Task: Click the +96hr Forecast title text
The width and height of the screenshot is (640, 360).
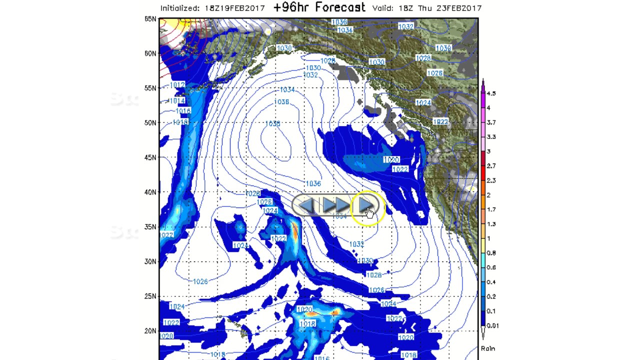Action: [x=319, y=7]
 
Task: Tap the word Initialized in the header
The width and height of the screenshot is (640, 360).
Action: [x=180, y=8]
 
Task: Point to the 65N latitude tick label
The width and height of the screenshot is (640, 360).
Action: [x=150, y=19]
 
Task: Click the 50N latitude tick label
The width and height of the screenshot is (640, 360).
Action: [x=150, y=122]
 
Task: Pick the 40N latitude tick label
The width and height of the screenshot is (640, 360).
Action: [x=150, y=192]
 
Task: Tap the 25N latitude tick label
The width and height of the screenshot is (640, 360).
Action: [x=150, y=296]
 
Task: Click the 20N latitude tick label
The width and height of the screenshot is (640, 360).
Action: [x=150, y=330]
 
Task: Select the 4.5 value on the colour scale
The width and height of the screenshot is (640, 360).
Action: [x=491, y=93]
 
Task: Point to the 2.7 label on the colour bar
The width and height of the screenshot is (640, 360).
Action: [x=491, y=166]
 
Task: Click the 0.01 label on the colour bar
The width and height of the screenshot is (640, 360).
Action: [x=493, y=325]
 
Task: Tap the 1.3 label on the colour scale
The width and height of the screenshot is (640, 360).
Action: [x=491, y=224]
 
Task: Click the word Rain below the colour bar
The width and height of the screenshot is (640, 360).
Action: [x=488, y=348]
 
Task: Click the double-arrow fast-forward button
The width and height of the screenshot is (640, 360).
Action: [x=335, y=205]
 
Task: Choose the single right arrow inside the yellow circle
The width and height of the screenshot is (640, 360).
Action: [x=365, y=204]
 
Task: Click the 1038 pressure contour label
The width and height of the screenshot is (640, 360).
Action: [x=272, y=123]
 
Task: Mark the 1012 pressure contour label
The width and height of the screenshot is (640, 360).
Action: [x=177, y=85]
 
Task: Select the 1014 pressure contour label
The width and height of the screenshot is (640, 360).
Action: [x=177, y=101]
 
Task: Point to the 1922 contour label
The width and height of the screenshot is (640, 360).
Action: [x=440, y=122]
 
